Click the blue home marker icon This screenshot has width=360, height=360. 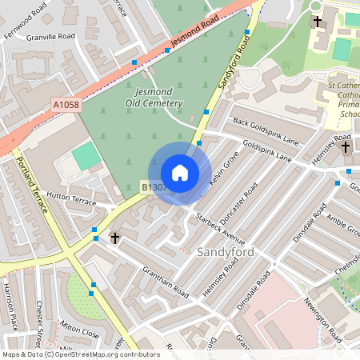click(180, 173)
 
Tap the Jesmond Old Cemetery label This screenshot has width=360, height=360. click(154, 98)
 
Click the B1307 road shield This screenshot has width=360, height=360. click(154, 185)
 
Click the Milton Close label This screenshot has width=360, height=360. click(79, 330)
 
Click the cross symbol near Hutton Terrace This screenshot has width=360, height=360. click(114, 238)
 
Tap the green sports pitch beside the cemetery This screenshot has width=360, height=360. click(86, 156)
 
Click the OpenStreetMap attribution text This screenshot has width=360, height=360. click(80, 354)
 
